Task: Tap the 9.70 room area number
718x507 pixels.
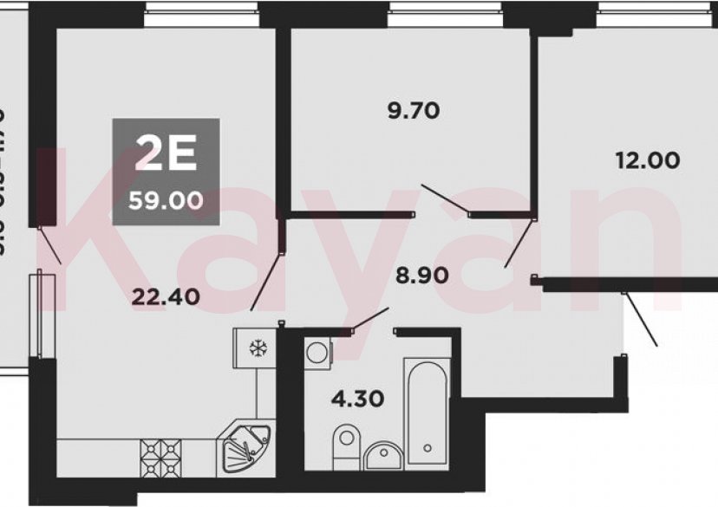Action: pyautogui.click(x=413, y=110)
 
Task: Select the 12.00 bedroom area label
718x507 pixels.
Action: pyautogui.click(x=647, y=159)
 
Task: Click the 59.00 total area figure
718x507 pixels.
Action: pyautogui.click(x=166, y=201)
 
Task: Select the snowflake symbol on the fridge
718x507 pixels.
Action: pyautogui.click(x=257, y=348)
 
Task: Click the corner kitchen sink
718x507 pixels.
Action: pyautogui.click(x=245, y=447)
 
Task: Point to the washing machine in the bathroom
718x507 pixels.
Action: pyautogui.click(x=318, y=352)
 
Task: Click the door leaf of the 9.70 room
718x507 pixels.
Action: pyautogui.click(x=444, y=197)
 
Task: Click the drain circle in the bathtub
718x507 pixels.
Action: pyautogui.click(x=426, y=447)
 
